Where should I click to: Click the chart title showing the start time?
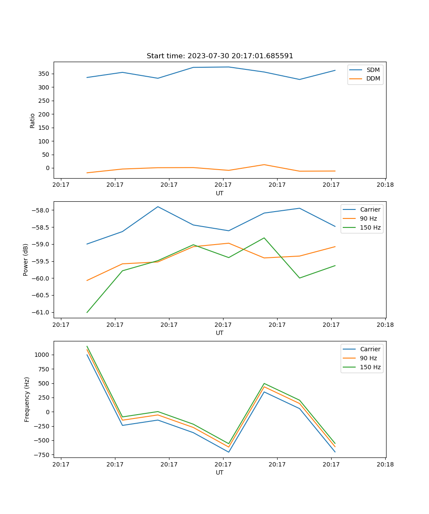tap(220, 56)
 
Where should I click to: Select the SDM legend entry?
tap(373, 70)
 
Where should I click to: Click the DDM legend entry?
tap(373, 79)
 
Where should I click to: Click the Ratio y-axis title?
tap(33, 120)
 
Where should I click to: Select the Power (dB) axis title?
tap(26, 260)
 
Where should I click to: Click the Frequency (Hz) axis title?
tap(27, 399)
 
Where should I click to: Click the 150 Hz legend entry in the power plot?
tap(370, 227)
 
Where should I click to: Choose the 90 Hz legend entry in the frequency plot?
tap(369, 358)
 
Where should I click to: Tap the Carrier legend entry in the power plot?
tap(370, 209)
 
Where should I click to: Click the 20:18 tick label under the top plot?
tap(385, 185)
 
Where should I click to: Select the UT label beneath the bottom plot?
tap(220, 473)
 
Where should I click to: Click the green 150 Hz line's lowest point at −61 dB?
tap(87, 312)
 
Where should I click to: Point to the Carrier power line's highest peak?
tap(158, 206)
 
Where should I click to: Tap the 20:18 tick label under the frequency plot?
tap(385, 464)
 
